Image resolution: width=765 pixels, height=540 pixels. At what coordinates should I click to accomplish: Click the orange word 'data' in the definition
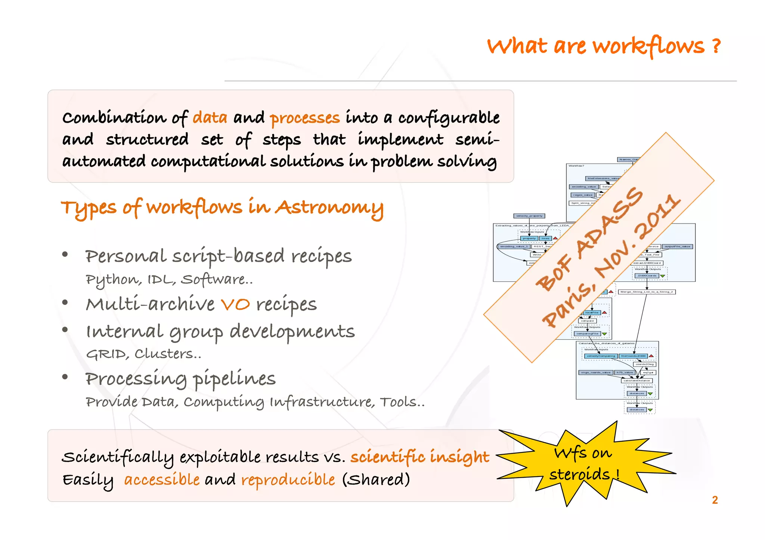click(x=210, y=118)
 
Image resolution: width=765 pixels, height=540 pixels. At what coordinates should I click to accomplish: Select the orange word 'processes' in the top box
click(x=305, y=119)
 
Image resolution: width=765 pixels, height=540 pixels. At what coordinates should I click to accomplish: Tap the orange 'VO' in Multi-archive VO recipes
click(x=235, y=305)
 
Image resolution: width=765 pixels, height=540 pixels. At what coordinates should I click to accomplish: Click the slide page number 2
click(x=715, y=500)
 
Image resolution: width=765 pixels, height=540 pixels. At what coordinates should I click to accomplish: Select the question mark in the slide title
click(x=716, y=46)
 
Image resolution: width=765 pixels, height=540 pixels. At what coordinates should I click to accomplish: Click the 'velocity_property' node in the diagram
click(x=529, y=216)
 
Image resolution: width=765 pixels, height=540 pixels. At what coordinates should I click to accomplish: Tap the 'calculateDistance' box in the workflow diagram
click(x=637, y=381)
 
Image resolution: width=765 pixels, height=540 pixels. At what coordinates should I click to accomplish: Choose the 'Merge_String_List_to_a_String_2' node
click(x=647, y=292)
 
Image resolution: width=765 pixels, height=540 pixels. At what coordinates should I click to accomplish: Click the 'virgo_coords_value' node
click(x=595, y=372)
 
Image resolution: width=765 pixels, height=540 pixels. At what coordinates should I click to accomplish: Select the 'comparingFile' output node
click(x=588, y=334)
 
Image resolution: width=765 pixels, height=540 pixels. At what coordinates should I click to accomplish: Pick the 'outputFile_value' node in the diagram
click(x=677, y=246)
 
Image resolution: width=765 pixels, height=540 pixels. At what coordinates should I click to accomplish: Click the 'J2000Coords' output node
click(x=647, y=276)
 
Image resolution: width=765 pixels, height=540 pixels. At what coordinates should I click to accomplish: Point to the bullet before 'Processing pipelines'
click(x=65, y=377)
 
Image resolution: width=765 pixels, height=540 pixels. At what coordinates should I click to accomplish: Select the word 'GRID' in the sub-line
click(x=106, y=354)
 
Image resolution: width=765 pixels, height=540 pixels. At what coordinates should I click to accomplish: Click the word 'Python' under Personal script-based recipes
click(x=113, y=280)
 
